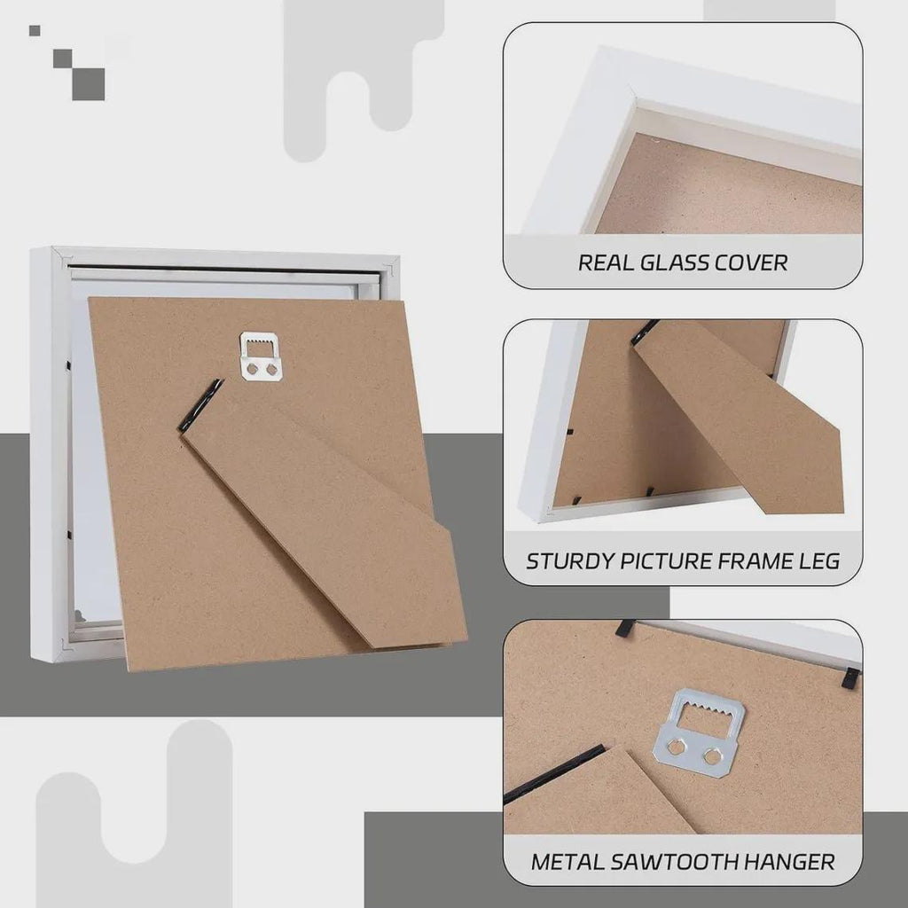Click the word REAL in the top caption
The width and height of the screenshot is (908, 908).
click(x=605, y=262)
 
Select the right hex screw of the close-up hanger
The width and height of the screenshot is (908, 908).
click(x=711, y=754)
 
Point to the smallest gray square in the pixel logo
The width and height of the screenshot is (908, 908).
click(x=35, y=31)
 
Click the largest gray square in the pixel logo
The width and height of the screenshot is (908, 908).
click(x=89, y=84)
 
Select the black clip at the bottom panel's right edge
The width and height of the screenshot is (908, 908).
click(x=850, y=677)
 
